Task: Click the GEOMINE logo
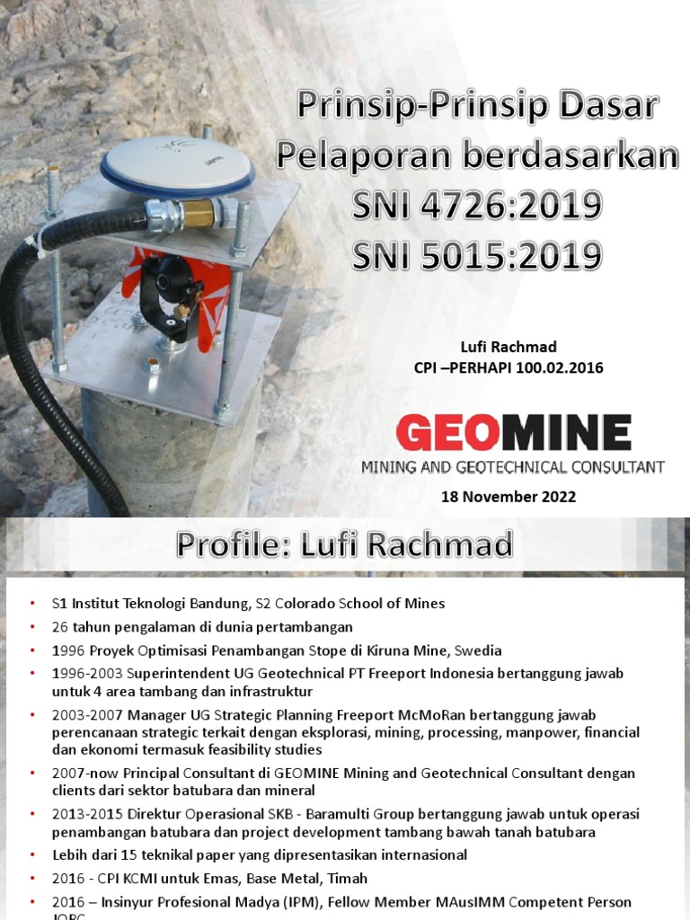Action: tap(513, 434)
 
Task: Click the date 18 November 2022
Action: tap(508, 497)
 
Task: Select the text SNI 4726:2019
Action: tap(476, 206)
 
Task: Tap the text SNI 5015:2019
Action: tap(476, 256)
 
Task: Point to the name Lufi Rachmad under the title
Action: tap(509, 348)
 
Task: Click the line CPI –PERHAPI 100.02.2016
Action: tap(509, 367)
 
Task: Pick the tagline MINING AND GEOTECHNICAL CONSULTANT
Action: tap(512, 467)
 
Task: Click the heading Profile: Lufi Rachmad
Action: tap(345, 544)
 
